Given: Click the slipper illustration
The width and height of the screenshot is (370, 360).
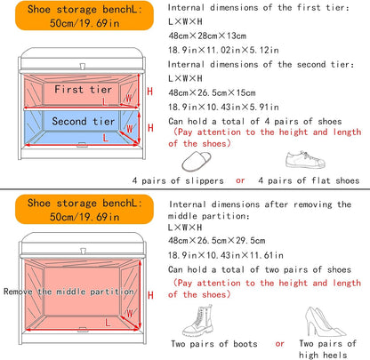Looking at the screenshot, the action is [x=197, y=162].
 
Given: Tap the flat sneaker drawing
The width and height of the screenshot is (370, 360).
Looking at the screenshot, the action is [x=305, y=160].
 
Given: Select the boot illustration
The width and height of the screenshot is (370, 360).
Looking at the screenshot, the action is [x=198, y=322].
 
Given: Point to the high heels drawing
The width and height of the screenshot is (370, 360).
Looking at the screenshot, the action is [x=325, y=322].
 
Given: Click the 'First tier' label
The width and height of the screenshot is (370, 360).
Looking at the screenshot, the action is [x=83, y=89].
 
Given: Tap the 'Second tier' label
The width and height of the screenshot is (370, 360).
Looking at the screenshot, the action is [x=83, y=121].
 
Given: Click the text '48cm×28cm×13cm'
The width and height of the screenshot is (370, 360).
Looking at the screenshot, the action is [x=207, y=36].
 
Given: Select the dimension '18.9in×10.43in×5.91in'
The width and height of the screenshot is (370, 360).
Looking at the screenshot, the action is [x=223, y=107].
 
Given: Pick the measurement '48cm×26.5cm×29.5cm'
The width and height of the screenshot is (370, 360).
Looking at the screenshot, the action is [x=216, y=240].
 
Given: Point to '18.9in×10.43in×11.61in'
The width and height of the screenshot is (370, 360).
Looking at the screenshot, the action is [x=226, y=255].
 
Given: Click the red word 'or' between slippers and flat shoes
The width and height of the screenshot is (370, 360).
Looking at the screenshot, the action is [x=240, y=180].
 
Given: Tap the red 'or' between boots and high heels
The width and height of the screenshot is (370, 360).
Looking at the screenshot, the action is [x=279, y=344].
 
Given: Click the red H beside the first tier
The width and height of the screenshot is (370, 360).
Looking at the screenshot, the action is [x=150, y=92].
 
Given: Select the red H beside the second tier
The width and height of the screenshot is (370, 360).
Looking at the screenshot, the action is [x=150, y=128].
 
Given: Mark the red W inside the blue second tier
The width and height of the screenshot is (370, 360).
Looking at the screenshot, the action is [x=130, y=129].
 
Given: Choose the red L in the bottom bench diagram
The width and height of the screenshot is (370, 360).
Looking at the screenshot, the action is [x=108, y=323].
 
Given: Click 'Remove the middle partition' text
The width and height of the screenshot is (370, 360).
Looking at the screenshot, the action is [x=68, y=292].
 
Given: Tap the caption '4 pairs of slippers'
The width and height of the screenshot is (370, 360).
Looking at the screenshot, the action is [x=178, y=180].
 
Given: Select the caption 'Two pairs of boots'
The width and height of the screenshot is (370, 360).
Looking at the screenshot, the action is [x=214, y=344].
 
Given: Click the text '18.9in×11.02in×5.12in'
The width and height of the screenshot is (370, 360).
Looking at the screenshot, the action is [x=223, y=50].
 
